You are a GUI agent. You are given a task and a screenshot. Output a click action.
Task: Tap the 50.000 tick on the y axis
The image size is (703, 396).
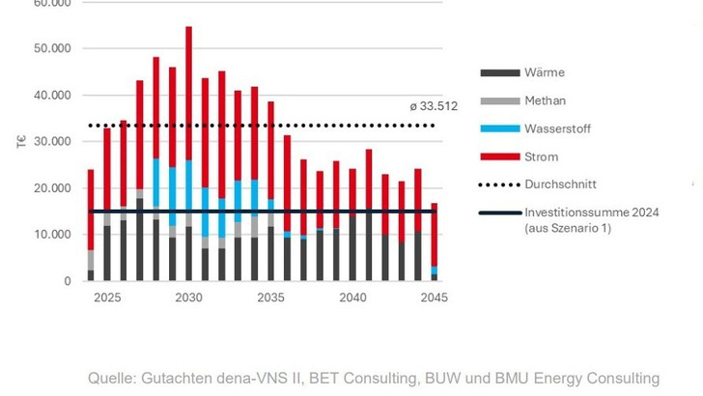tap(53, 48)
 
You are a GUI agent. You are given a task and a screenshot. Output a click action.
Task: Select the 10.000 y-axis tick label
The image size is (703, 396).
tap(53, 235)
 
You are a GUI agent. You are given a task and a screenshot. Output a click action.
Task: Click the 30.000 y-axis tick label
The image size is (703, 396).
tap(53, 142)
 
